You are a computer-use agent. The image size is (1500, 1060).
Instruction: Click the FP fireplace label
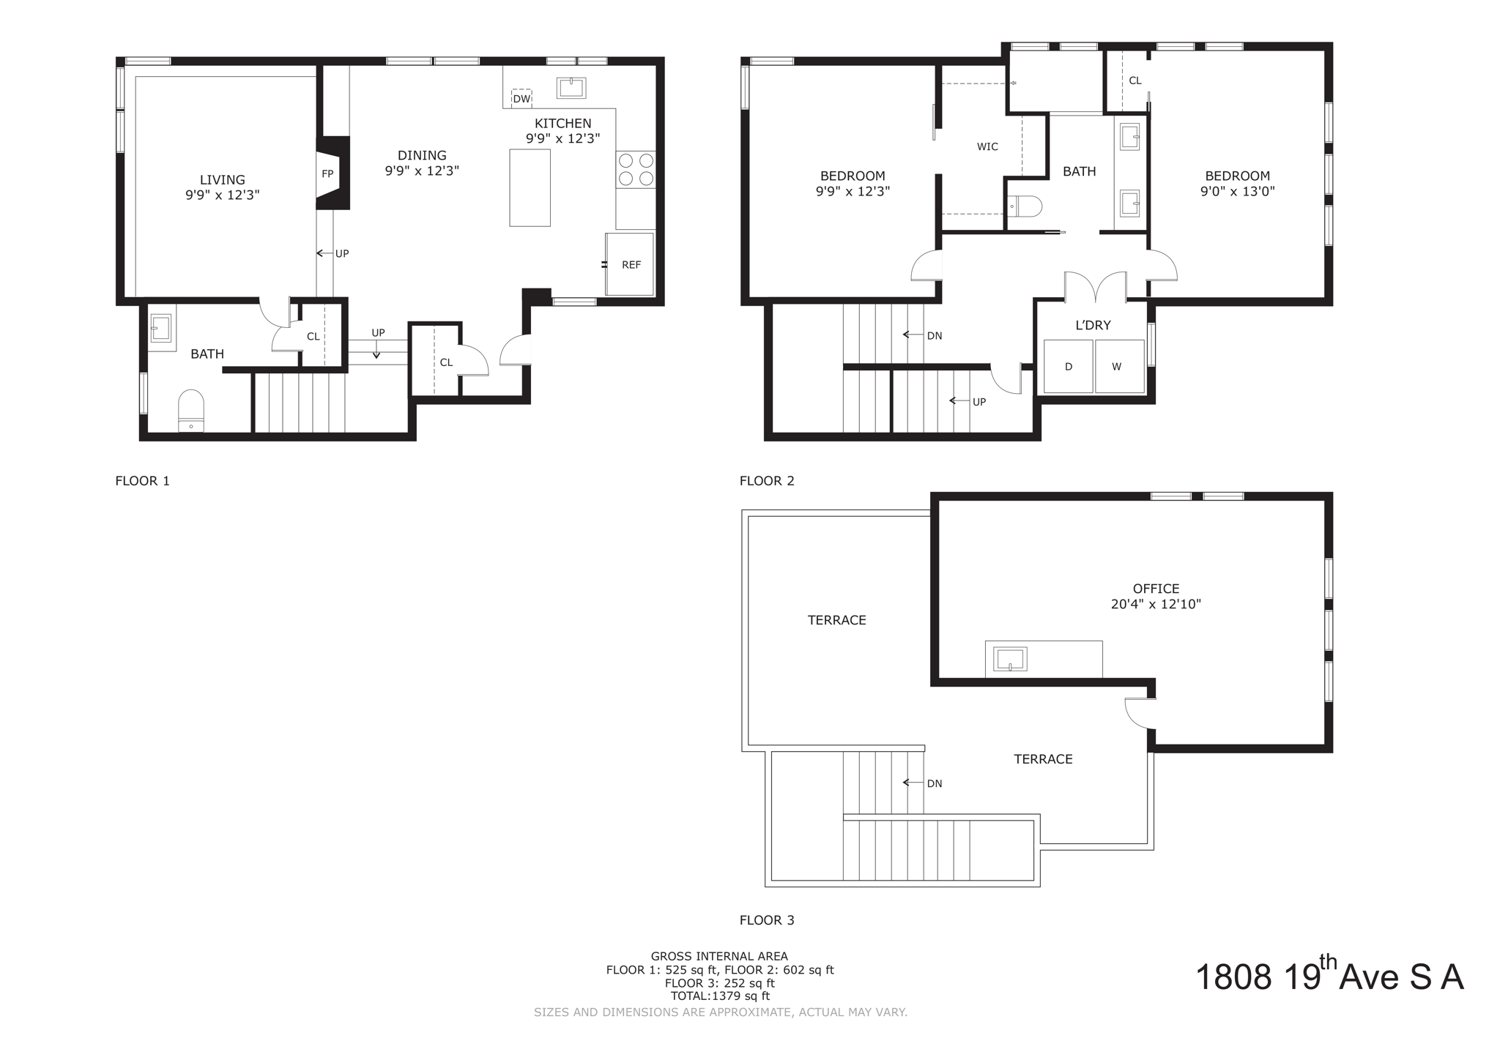327,174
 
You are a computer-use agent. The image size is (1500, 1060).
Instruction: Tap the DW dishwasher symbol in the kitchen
521,99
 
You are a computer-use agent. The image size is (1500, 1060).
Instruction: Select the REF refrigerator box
630,264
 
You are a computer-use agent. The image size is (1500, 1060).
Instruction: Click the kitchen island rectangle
530,188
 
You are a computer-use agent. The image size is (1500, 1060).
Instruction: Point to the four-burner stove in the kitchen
635,169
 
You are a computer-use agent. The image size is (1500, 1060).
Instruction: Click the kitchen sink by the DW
571,88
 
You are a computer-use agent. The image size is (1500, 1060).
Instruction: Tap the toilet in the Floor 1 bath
191,411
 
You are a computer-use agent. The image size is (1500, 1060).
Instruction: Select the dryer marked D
1069,366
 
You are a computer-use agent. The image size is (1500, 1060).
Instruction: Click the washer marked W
1118,366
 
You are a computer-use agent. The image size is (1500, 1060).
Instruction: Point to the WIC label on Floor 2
987,146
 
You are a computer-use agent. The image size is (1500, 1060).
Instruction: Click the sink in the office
1009,659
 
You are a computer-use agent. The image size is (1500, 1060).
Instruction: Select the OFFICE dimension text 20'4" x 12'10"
1156,605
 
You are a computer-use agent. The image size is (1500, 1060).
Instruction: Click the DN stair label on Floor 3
934,783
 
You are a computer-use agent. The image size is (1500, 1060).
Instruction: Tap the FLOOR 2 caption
767,481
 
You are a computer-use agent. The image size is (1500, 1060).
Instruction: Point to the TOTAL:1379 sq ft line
720,996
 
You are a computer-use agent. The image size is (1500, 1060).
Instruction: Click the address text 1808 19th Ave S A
1329,977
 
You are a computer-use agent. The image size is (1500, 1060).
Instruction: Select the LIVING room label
223,179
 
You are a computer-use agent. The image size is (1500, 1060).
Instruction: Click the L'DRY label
1093,325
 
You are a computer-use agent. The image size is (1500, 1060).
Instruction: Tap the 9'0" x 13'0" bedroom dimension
1237,192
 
